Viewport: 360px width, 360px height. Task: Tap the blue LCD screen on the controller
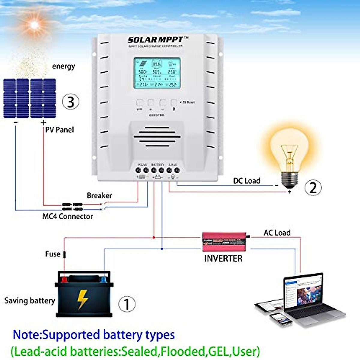click(x=157, y=73)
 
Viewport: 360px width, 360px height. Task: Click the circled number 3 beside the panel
click(x=70, y=102)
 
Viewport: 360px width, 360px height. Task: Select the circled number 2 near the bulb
click(x=313, y=188)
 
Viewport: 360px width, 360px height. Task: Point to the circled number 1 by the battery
click(x=127, y=304)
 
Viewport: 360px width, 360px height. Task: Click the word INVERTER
click(x=223, y=258)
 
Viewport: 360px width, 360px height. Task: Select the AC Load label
click(x=277, y=232)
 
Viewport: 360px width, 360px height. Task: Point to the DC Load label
click(x=247, y=181)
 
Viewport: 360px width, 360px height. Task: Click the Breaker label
click(x=99, y=195)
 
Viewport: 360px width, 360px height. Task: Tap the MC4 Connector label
click(x=67, y=216)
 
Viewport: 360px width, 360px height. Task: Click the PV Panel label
click(x=59, y=130)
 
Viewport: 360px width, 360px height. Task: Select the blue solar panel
click(x=29, y=98)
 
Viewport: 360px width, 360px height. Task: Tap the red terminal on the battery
click(x=64, y=280)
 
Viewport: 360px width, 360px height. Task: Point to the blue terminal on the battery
click(x=103, y=280)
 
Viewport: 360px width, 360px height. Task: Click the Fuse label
click(x=53, y=254)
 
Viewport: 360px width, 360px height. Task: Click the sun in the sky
click(x=34, y=25)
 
